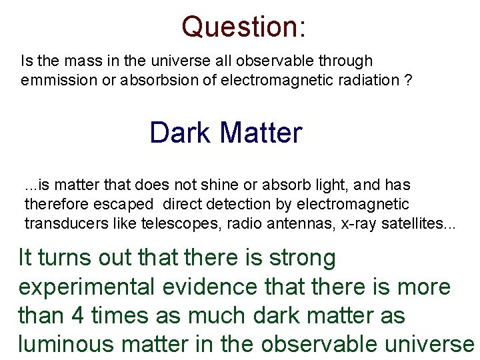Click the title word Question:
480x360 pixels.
(x=243, y=27)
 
